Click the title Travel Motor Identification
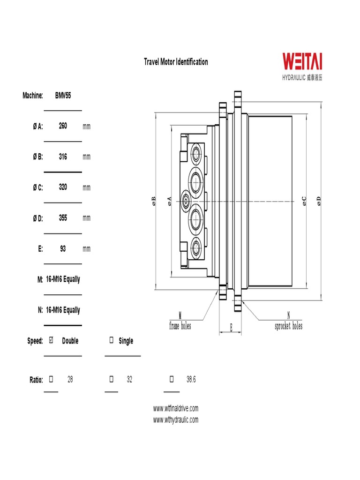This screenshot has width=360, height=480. click(x=176, y=62)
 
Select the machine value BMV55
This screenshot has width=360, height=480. click(x=63, y=95)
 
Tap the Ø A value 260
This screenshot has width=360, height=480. click(x=63, y=126)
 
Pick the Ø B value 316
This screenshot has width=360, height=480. click(x=63, y=157)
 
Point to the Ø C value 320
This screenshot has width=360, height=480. click(x=63, y=187)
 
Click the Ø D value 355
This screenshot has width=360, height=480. click(x=63, y=217)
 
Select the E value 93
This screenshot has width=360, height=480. click(x=63, y=248)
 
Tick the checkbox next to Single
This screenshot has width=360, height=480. click(x=112, y=340)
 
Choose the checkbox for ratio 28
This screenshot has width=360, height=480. click(x=52, y=379)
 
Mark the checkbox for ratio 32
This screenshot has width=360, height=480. click(x=112, y=379)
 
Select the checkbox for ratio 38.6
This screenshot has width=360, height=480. click(x=171, y=379)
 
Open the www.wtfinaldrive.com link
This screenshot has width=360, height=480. click(x=176, y=408)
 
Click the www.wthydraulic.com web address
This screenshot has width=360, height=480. click(x=176, y=420)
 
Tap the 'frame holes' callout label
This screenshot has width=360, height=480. click(x=180, y=326)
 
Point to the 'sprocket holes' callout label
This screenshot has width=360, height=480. click(x=288, y=326)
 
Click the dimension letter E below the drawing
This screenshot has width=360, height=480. click(x=231, y=328)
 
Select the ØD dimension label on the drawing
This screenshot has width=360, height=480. click(x=319, y=201)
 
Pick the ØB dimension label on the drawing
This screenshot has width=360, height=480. click(x=153, y=201)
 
